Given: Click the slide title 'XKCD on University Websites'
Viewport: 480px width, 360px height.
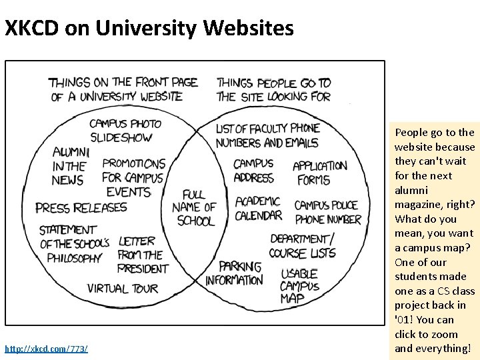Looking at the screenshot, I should (149, 28).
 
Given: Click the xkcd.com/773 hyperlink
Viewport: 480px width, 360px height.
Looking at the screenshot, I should (46, 349).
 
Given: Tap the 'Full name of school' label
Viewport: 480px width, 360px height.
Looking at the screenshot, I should (194, 207).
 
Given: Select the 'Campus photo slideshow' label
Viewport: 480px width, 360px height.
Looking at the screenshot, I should (125, 131).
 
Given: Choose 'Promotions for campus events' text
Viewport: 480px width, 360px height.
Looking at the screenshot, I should (133, 177).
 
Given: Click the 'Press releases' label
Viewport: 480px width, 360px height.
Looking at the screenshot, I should (81, 207).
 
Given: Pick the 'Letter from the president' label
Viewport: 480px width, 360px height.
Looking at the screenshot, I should (142, 255).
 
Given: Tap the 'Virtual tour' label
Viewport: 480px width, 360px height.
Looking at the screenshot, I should (123, 289).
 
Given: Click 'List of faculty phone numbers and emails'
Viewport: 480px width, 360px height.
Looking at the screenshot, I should (267, 135).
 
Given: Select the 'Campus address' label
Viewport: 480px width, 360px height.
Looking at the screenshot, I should (253, 171).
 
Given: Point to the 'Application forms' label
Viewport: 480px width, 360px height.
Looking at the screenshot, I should (320, 173).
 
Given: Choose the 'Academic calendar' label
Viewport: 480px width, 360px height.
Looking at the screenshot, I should (258, 208).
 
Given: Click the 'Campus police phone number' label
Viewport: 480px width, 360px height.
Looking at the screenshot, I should (327, 212).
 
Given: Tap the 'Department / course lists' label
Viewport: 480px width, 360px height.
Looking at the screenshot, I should (302, 245).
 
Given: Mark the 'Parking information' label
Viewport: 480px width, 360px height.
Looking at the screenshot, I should (234, 273).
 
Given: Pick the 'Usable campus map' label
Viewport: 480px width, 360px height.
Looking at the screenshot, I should (299, 286).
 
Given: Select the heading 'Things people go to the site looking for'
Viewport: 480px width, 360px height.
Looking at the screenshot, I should (273, 89).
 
